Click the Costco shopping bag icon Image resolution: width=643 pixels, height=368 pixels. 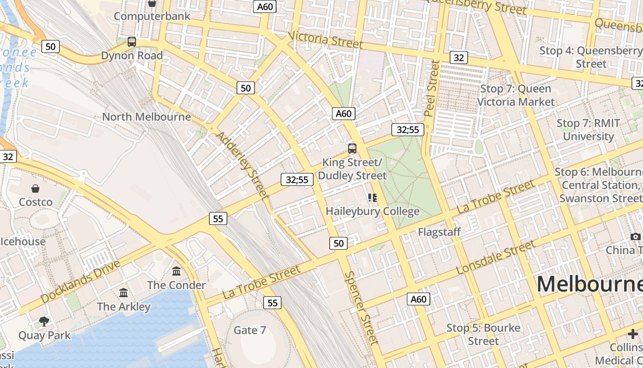[x=35, y=188]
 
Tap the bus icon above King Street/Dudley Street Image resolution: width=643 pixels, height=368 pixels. [x=352, y=148]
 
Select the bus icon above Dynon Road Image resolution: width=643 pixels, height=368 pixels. [x=132, y=42]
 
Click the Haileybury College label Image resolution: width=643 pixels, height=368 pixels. [x=372, y=211]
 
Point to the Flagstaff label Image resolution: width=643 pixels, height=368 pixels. [x=439, y=232]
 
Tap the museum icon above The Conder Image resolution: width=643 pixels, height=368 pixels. [x=176, y=271]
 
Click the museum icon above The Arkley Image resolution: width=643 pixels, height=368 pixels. [x=124, y=293]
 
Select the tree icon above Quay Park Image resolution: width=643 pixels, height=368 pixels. [x=44, y=321]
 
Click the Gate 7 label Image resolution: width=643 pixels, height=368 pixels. [x=250, y=330]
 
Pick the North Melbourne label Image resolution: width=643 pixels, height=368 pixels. [x=146, y=116]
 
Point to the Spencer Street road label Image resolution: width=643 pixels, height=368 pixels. [x=362, y=307]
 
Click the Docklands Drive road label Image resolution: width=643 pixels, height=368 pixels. [x=80, y=281]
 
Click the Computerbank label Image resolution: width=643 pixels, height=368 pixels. [x=152, y=16]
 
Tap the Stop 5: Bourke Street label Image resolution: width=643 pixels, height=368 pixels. [x=484, y=334]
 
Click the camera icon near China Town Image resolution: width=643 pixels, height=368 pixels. [x=635, y=236]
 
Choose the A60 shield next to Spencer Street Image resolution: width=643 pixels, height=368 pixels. [x=418, y=299]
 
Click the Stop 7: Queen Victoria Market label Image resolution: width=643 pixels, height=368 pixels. [x=516, y=95]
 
